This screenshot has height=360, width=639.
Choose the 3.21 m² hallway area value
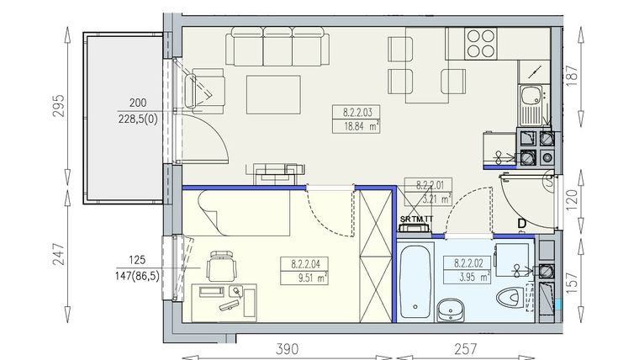pyautogui.click(x=428, y=199)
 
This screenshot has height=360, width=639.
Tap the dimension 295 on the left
pyautogui.click(x=58, y=110)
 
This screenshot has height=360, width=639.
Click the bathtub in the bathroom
pyautogui.click(x=415, y=281)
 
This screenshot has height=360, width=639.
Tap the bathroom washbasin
pyautogui.click(x=453, y=310)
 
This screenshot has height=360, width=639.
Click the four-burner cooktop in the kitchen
pyautogui.click(x=479, y=43)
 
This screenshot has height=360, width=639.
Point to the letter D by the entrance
pyautogui.click(x=521, y=223)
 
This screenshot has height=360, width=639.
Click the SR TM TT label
pyautogui.click(x=416, y=220)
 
